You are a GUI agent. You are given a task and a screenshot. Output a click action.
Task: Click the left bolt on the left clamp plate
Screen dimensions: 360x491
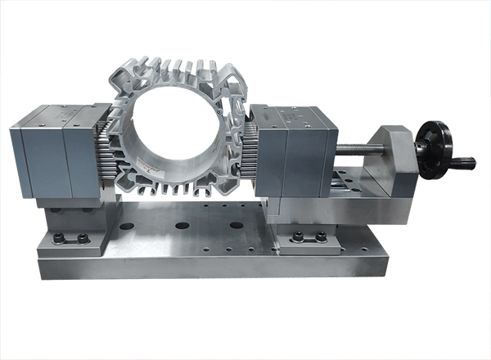click(x=59, y=239)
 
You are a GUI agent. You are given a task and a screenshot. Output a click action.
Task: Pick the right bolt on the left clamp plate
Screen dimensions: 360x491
click(x=82, y=239)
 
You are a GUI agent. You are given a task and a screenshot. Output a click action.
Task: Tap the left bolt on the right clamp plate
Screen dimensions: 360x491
click(x=298, y=237)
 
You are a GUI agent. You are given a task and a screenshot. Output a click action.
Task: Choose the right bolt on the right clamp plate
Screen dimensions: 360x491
click(x=321, y=237)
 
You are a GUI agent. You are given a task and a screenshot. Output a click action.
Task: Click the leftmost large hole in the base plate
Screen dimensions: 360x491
click(x=127, y=225)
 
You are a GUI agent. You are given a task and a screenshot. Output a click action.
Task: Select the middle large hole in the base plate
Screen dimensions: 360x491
click(x=182, y=225)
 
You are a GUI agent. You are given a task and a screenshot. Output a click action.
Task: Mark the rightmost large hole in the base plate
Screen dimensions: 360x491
click(x=236, y=225)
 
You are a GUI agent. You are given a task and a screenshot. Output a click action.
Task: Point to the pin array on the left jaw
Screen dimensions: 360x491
click(x=104, y=155)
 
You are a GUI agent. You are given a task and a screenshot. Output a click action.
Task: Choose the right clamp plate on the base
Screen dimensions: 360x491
click(x=309, y=243)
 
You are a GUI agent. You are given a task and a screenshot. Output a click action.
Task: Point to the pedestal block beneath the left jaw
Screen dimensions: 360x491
click(x=74, y=215)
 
